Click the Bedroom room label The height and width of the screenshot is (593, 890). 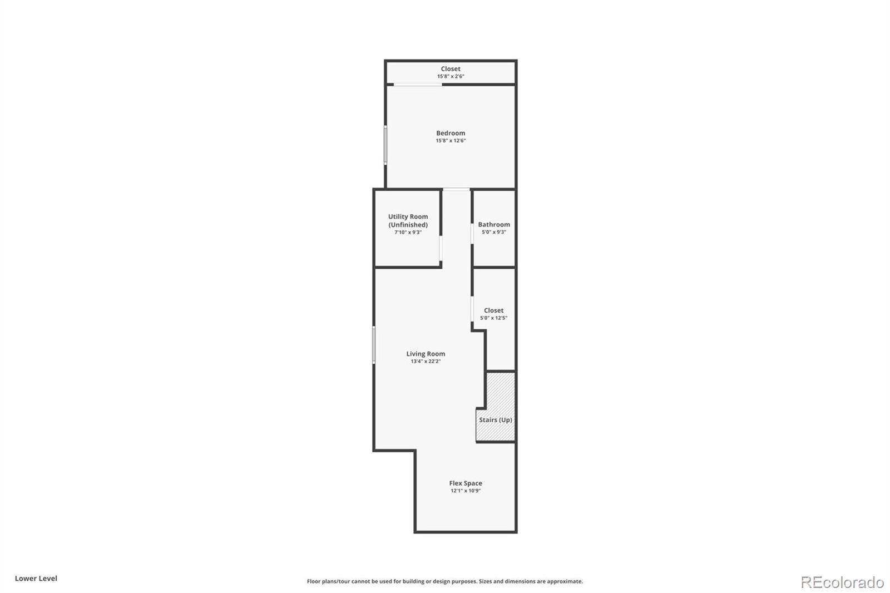451,133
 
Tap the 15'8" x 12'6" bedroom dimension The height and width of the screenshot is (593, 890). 451,141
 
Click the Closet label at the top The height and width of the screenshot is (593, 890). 451,69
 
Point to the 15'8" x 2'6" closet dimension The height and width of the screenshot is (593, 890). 451,76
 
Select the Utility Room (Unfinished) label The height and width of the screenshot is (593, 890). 408,220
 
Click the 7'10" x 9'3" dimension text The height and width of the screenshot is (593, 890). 408,233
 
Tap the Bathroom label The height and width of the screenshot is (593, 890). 494,225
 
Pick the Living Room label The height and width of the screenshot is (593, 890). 426,354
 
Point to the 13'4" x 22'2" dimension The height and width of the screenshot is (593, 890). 426,362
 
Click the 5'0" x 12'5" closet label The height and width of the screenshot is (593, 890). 493,318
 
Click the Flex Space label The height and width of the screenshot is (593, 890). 466,483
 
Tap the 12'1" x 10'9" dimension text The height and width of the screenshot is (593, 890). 466,491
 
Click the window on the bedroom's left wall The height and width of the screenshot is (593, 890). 385,145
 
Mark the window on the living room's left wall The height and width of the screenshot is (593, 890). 374,345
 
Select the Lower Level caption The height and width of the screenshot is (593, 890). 36,579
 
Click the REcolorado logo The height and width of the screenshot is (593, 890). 842,582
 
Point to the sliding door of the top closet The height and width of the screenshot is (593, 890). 418,85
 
